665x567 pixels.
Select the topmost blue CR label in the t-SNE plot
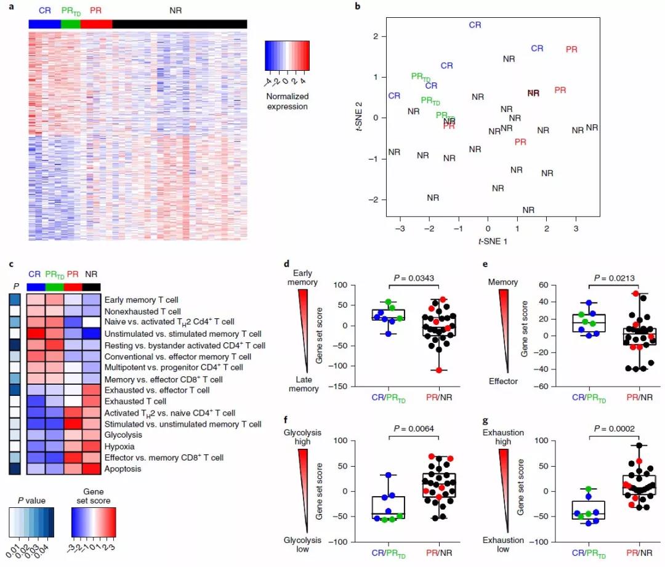tap(475, 25)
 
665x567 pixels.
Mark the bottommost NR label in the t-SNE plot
tap(528, 210)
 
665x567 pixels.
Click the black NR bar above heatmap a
tap(179, 23)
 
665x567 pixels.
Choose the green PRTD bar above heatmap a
tap(71, 23)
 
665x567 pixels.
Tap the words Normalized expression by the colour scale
tap(288, 102)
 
